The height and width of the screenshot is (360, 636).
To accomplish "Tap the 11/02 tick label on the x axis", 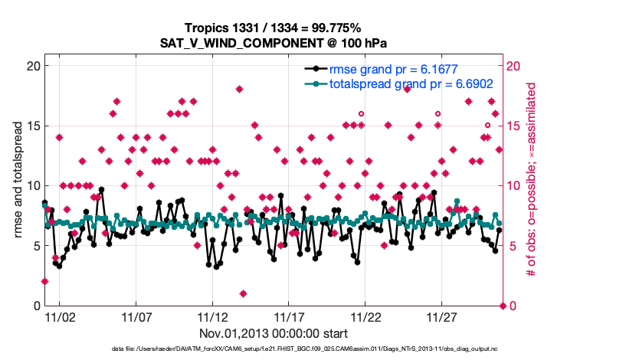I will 60,316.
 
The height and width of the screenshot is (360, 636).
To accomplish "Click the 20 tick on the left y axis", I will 34,66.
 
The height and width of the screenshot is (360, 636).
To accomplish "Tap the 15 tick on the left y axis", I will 34,126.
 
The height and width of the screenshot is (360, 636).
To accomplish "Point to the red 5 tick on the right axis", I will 510,246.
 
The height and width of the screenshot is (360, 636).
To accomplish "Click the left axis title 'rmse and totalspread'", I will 18,186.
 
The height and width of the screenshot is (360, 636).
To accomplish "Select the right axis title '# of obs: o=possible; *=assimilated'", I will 529,186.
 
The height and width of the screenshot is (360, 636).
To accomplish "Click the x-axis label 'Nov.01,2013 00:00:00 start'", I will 274,333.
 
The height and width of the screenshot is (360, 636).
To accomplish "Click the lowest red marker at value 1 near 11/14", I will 243,293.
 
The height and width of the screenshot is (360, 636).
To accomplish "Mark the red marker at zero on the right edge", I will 503,306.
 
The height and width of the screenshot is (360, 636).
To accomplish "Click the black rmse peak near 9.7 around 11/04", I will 101,189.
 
